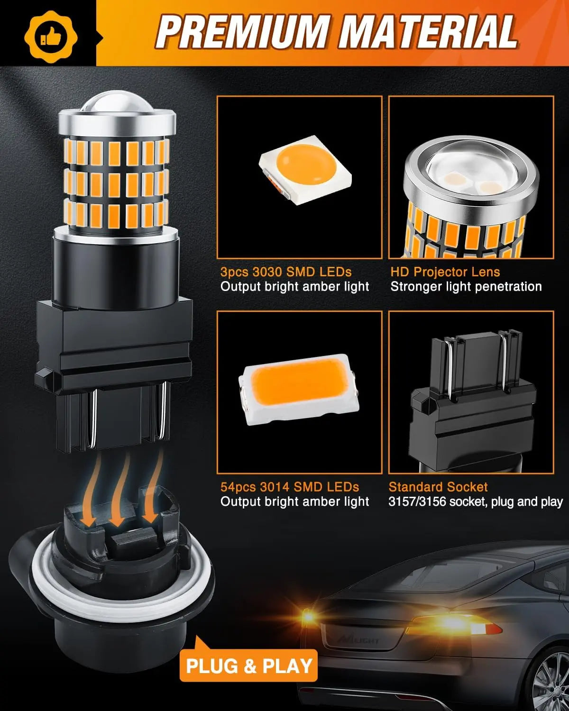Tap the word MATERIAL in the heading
pos(429,32)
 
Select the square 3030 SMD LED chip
pos(303,168)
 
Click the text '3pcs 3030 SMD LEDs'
pos(286,272)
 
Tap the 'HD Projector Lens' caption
pos(445,272)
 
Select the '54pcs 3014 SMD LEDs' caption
pos(289,487)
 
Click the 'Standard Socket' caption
pos(438,487)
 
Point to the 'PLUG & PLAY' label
pos(249,665)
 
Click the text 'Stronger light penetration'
pos(466,287)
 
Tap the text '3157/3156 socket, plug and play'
pos(475,502)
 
